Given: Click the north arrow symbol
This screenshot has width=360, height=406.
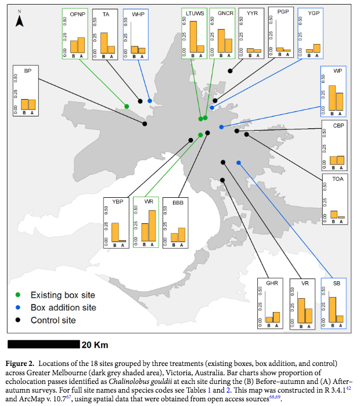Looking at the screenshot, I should [x=19, y=20].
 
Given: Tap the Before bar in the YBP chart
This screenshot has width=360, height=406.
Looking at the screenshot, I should [x=115, y=232].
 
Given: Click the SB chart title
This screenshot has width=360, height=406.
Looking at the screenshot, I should [x=337, y=284].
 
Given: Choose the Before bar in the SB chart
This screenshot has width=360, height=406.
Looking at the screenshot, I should [x=333, y=309].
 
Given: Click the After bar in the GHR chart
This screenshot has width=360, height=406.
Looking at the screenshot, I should [x=276, y=317].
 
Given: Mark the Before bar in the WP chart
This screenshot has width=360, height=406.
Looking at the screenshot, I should [x=332, y=97].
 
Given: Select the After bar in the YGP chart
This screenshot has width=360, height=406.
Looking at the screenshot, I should [x=316, y=48].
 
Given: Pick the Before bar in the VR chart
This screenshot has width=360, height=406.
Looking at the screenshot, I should [x=301, y=310].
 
